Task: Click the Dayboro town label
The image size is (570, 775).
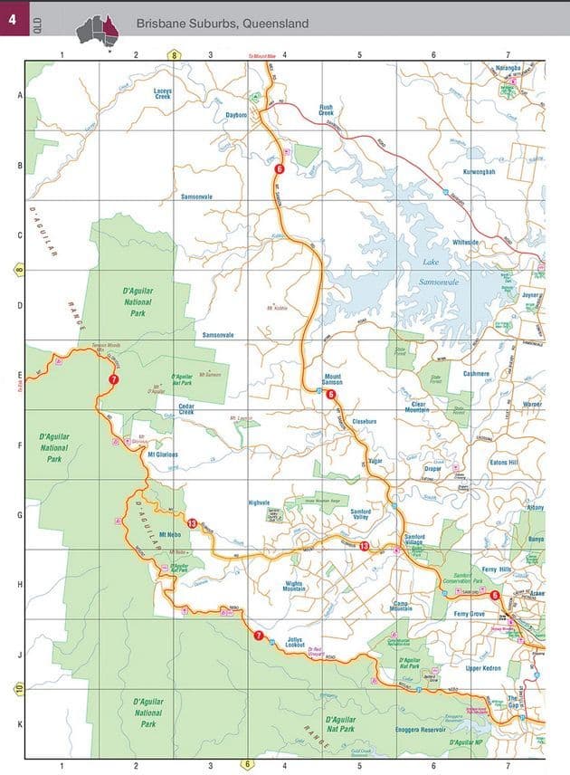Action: [x=236, y=116]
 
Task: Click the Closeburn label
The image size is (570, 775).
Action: [x=364, y=421]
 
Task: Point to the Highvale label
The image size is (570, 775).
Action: [x=260, y=502]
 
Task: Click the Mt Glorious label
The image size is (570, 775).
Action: [x=163, y=454]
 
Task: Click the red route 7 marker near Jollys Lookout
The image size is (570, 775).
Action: [x=259, y=636]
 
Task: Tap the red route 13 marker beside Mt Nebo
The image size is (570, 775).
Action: [x=192, y=523]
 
